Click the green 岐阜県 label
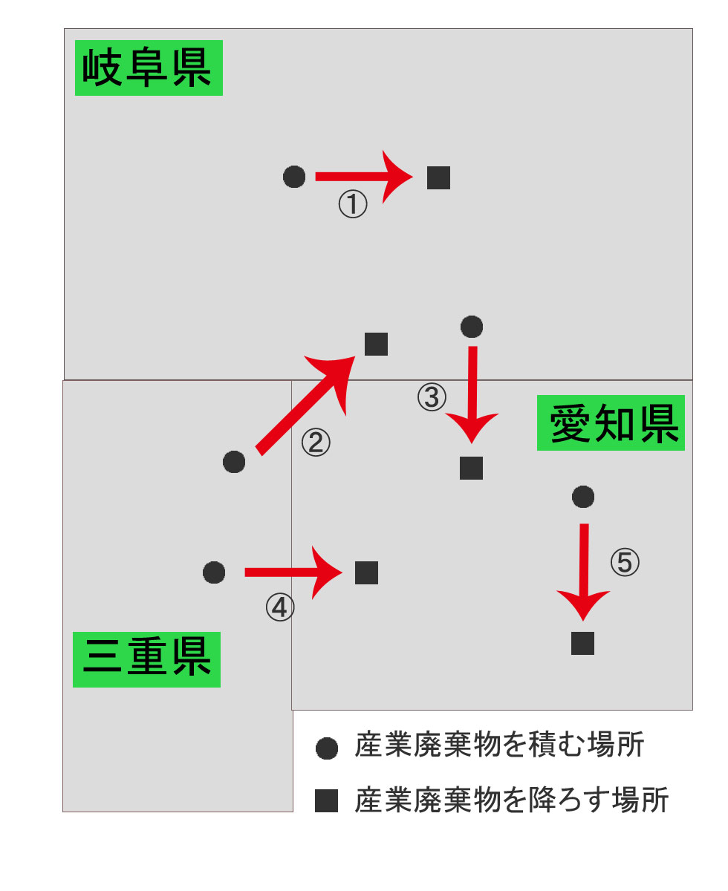click(x=149, y=68)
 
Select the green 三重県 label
click(x=146, y=659)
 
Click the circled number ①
click(x=353, y=204)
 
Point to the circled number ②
click(x=316, y=443)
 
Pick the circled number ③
click(x=432, y=397)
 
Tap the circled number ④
click(x=280, y=607)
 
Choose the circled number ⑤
click(x=625, y=562)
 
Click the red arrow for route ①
click(x=364, y=177)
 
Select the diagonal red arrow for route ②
click(x=305, y=406)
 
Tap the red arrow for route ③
click(x=472, y=394)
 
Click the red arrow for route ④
click(x=293, y=572)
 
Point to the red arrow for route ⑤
click(x=583, y=572)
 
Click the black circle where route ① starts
click(x=294, y=177)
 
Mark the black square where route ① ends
click(x=438, y=177)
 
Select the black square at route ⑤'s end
click(x=582, y=643)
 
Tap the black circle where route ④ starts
click(x=214, y=572)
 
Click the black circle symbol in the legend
click(x=327, y=748)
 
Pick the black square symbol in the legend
click(x=326, y=800)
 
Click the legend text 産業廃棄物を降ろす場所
click(x=510, y=800)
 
